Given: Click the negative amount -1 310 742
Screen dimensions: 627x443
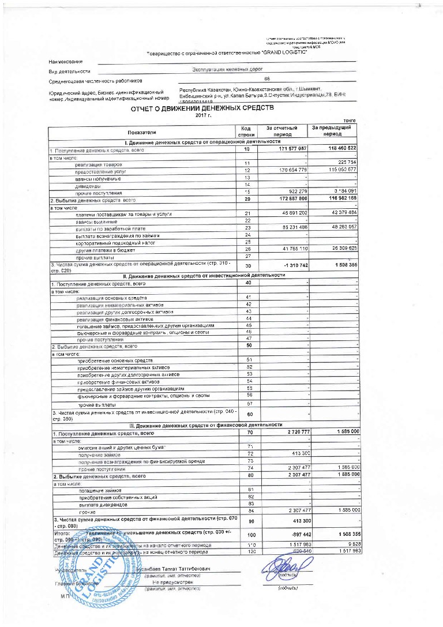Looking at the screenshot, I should (294, 265).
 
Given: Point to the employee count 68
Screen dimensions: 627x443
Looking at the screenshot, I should (266, 80).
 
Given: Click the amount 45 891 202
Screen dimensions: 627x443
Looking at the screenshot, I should (291, 214).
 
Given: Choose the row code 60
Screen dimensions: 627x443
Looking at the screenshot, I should (250, 415).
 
